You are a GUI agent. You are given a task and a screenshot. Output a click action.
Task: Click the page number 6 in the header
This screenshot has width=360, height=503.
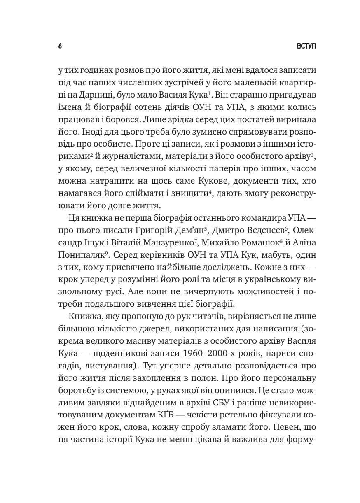click(60, 46)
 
